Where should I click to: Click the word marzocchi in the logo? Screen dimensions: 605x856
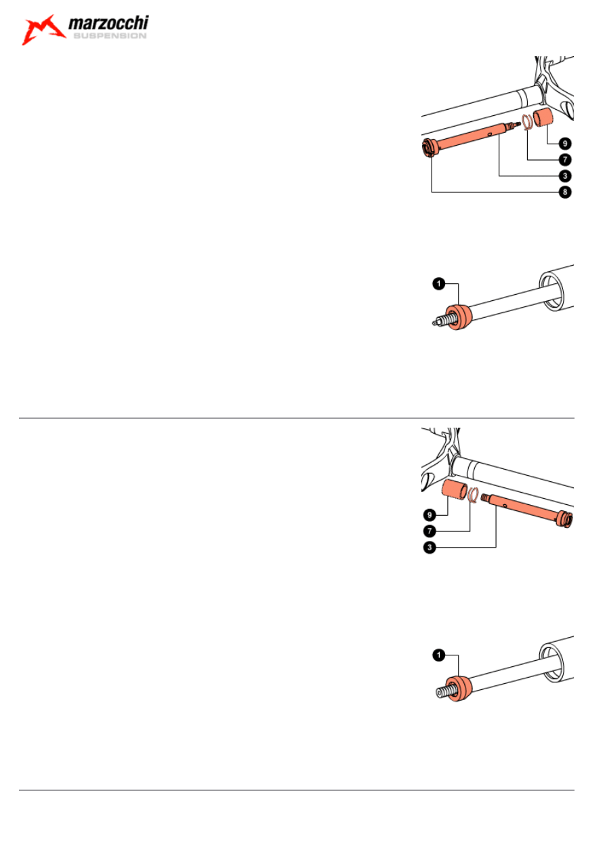coord(108,23)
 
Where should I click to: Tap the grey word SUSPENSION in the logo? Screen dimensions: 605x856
coord(110,36)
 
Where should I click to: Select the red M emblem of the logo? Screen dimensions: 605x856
coord(43,30)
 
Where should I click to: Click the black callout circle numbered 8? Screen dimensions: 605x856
coord(565,192)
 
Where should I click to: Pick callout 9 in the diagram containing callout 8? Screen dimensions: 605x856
coord(565,144)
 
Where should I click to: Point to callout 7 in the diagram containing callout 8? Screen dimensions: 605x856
coord(565,160)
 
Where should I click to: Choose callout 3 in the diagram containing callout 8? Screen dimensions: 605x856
coord(565,176)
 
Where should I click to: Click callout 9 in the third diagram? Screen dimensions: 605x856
coord(430,514)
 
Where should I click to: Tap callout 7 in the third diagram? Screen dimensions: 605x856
coord(430,531)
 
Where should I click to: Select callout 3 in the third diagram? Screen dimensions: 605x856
coord(430,547)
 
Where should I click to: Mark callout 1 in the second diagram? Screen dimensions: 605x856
coord(439,283)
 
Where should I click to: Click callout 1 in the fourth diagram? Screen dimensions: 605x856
coord(439,655)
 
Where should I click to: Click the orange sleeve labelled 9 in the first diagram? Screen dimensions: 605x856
coord(543,117)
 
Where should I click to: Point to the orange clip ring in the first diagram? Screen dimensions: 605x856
coord(528,123)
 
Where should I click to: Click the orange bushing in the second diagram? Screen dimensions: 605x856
coord(459,317)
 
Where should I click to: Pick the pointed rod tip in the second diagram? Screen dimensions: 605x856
coord(435,323)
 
